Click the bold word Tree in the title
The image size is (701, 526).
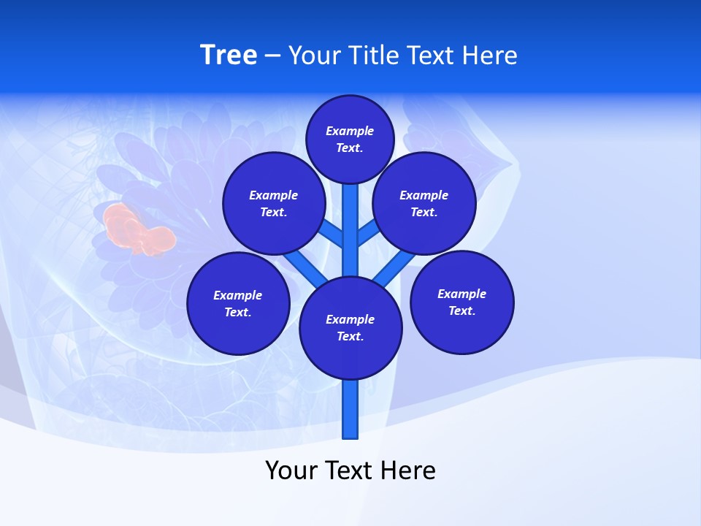(x=229, y=55)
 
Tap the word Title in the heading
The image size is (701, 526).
(x=372, y=55)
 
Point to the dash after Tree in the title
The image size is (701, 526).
(x=272, y=56)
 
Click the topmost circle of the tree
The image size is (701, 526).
(x=350, y=139)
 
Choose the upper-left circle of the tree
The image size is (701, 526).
(x=273, y=203)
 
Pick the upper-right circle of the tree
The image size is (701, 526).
(x=424, y=203)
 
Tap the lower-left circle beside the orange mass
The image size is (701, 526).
(x=238, y=303)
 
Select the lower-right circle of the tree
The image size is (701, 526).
(x=461, y=302)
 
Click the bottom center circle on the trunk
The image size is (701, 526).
(x=350, y=327)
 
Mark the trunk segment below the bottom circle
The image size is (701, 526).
(x=350, y=409)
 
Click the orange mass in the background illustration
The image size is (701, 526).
(x=139, y=230)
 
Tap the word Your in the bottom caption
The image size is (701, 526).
(x=291, y=470)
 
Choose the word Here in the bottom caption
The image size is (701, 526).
(x=409, y=470)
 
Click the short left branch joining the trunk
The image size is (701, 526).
(x=332, y=233)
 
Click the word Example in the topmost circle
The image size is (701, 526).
(x=350, y=131)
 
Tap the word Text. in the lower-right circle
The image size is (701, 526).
(x=461, y=310)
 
